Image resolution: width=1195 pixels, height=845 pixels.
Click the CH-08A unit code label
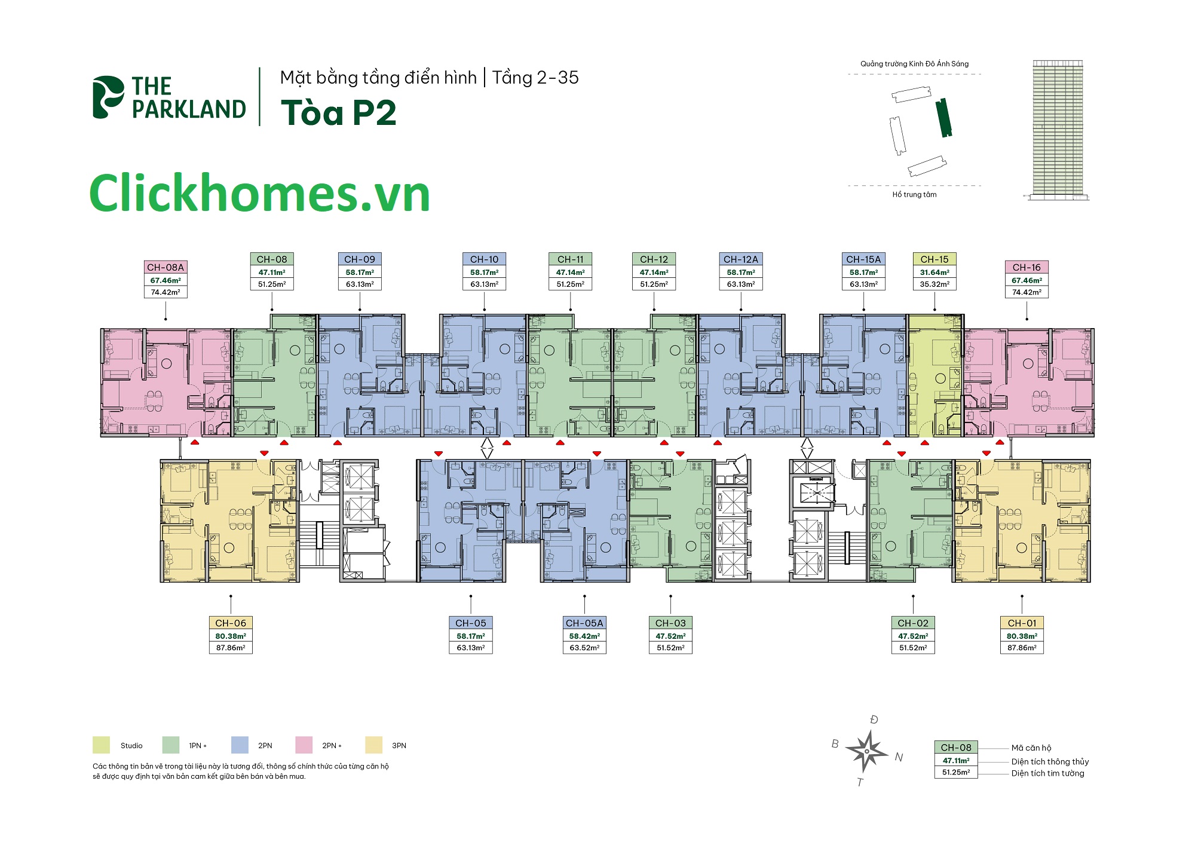click(x=166, y=267)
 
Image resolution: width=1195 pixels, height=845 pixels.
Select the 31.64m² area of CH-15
click(x=934, y=273)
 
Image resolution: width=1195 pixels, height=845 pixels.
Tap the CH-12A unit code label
click(x=741, y=259)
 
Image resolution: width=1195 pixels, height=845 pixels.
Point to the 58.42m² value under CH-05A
click(x=584, y=636)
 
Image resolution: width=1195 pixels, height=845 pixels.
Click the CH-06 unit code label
click(x=231, y=623)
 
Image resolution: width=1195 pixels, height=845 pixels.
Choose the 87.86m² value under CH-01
click(x=1022, y=648)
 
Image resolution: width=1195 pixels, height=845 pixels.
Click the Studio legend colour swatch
click(x=101, y=745)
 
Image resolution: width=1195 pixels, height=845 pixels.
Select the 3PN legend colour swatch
click(x=374, y=745)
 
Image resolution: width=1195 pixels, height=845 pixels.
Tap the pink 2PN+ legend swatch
click(x=304, y=745)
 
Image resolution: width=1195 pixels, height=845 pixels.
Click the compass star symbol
click(x=866, y=751)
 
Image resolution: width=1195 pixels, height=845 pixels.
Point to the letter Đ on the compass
click(x=874, y=720)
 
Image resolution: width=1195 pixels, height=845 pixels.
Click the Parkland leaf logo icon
click(x=108, y=97)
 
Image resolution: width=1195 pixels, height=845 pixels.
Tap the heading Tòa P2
click(x=338, y=113)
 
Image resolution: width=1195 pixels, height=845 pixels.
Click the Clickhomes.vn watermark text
click(x=260, y=194)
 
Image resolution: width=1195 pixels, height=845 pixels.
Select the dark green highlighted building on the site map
click(x=944, y=118)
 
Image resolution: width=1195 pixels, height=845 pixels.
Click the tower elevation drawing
click(x=1058, y=129)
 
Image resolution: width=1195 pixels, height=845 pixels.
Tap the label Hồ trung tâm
click(x=914, y=195)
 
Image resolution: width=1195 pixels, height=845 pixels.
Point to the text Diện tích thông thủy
click(x=1050, y=761)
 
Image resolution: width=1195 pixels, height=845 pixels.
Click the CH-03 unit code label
click(x=670, y=623)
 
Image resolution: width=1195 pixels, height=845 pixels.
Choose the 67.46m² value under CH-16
click(x=1027, y=280)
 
